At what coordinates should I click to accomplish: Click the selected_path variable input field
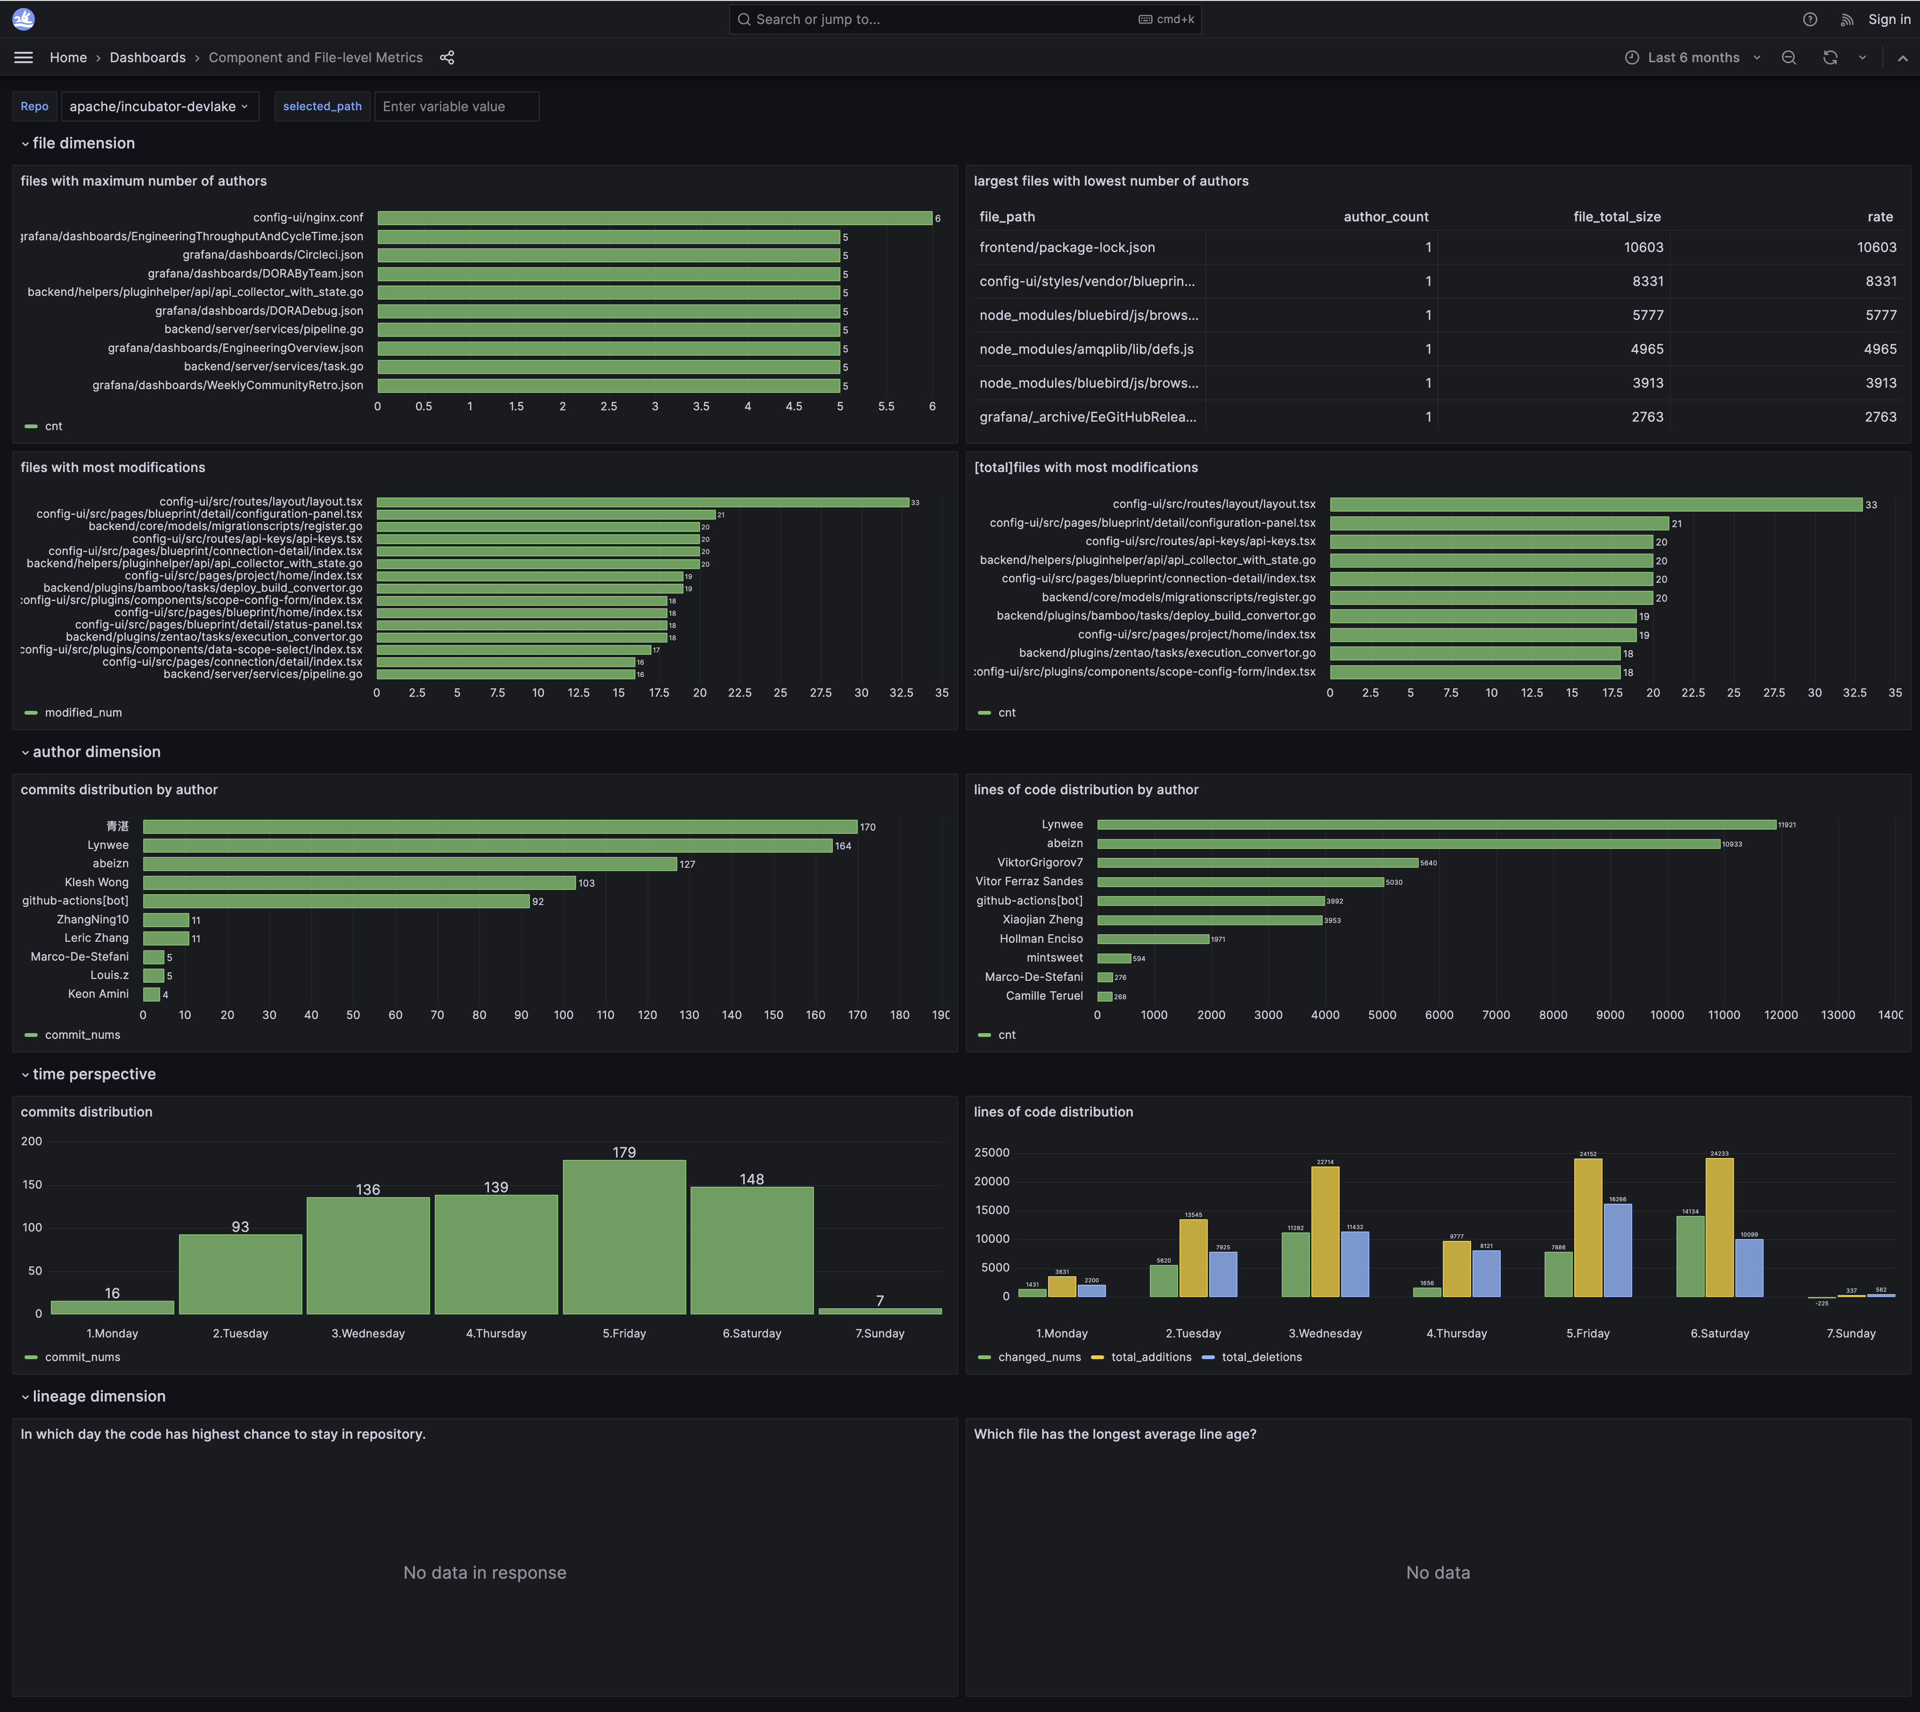(x=456, y=106)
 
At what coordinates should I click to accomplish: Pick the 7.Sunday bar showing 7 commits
(x=879, y=1310)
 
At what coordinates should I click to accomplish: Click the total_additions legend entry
(x=1149, y=1357)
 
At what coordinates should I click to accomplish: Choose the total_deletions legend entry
(x=1261, y=1357)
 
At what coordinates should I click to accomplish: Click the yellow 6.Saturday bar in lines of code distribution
(x=1719, y=1228)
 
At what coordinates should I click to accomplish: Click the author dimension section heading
(x=96, y=751)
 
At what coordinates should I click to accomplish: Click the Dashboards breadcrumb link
(x=148, y=57)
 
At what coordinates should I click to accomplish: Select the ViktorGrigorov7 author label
(x=1040, y=863)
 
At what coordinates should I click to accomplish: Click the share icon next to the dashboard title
(x=447, y=57)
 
